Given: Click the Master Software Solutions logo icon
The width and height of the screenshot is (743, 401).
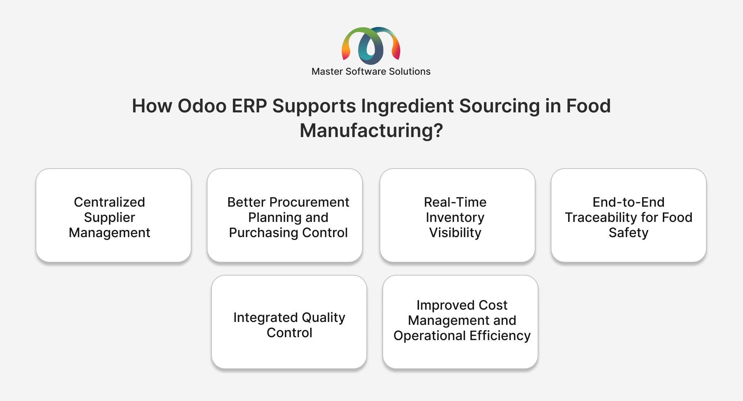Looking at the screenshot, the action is point(371,46).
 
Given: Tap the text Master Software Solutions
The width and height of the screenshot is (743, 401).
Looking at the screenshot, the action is point(371,71).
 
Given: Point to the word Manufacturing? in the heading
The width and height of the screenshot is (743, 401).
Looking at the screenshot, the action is point(371,131).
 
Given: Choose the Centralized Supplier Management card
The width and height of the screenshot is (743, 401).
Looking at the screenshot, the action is point(114,215).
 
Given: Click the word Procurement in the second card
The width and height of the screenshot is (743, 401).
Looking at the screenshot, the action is point(309,202).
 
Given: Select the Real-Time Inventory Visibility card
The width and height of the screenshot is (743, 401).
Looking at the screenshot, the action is point(457,215).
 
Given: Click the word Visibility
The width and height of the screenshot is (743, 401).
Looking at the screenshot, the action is point(455,233).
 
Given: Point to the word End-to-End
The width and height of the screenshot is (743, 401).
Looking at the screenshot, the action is point(628,202).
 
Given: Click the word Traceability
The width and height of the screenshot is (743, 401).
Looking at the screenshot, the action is point(601,218).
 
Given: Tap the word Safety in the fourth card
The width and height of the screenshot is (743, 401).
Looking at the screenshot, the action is point(628,233).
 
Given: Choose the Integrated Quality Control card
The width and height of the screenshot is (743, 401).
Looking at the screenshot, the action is point(289,322).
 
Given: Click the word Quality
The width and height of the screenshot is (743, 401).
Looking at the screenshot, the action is point(324,318).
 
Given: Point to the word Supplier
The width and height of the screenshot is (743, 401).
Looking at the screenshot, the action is point(110,218).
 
